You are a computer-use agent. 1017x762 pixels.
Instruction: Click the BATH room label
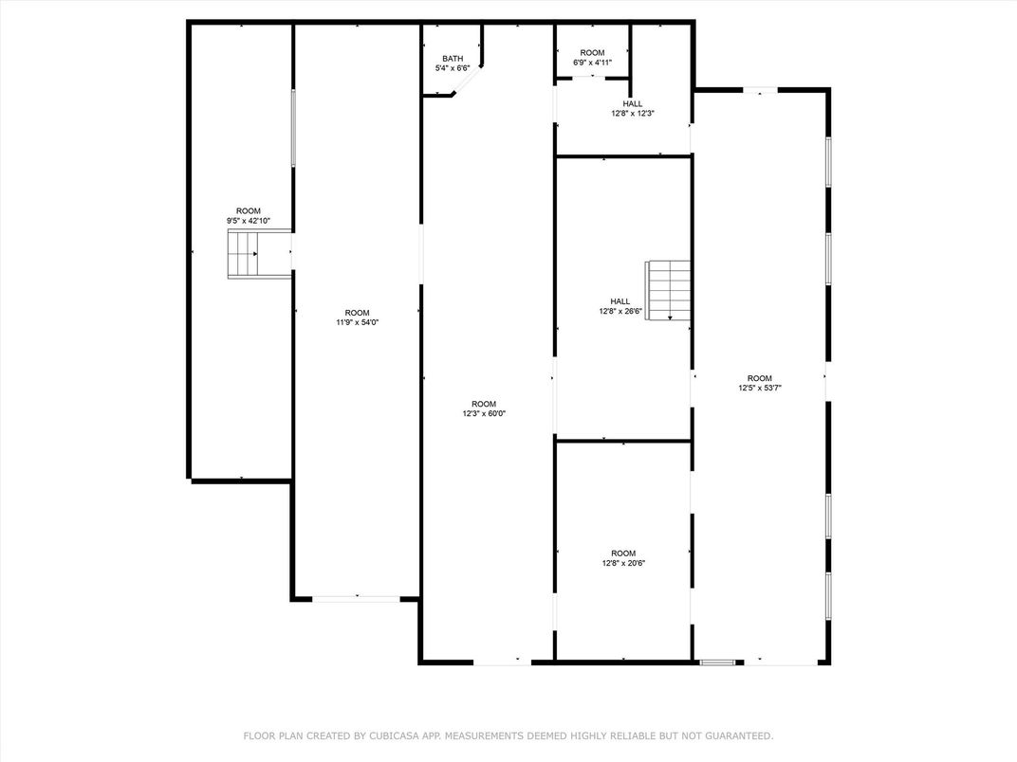(452, 59)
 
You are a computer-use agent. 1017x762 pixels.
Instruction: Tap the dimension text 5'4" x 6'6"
(452, 68)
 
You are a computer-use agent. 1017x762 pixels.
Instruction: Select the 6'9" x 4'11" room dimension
(592, 63)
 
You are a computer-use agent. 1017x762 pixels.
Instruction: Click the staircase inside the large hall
(669, 291)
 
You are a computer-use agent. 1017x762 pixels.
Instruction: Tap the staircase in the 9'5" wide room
(243, 254)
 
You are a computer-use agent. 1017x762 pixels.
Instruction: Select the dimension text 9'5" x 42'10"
(248, 221)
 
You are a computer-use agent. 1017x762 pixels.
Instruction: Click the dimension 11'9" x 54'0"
(357, 322)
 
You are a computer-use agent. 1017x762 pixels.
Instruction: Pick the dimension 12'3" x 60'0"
(484, 413)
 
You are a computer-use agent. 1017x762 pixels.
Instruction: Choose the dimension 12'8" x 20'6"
(623, 563)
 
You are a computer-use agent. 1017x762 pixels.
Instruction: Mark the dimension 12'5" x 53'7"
(760, 387)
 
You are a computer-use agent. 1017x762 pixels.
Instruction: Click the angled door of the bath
(468, 82)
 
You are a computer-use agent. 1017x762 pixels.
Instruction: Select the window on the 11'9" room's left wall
(293, 127)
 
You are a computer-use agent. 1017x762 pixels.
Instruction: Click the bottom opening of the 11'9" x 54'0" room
(357, 598)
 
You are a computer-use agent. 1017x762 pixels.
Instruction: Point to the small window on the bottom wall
(716, 662)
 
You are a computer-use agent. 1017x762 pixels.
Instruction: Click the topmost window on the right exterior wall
(828, 161)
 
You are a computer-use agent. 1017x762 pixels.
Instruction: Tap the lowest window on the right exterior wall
(828, 595)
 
